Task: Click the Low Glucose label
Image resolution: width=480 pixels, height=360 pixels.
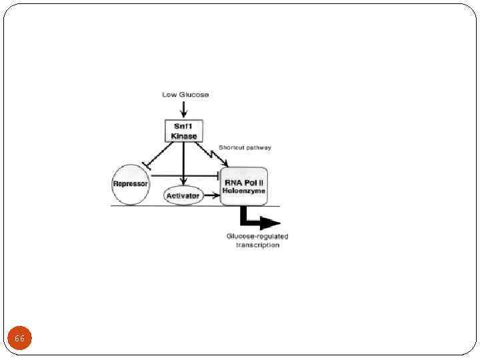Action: pos(185,95)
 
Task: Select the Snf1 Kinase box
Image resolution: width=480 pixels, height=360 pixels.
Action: pos(183,131)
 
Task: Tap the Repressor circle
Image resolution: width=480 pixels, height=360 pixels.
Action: pos(131,183)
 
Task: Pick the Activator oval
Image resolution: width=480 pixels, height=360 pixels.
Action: pos(183,195)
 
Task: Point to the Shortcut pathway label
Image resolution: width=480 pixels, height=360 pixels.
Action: pos(245,147)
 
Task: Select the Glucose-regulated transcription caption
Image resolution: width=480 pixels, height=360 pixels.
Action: pos(257,241)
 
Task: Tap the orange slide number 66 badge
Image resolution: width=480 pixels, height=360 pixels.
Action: pos(20,339)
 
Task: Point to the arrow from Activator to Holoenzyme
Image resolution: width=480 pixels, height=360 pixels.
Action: pos(212,195)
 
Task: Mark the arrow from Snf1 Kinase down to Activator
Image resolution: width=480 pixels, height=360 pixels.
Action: pos(183,163)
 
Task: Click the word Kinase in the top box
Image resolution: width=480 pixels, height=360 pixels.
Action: pos(183,136)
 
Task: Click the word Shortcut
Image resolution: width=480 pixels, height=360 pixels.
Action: pos(232,147)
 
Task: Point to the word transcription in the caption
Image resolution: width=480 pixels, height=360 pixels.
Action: pos(257,245)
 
